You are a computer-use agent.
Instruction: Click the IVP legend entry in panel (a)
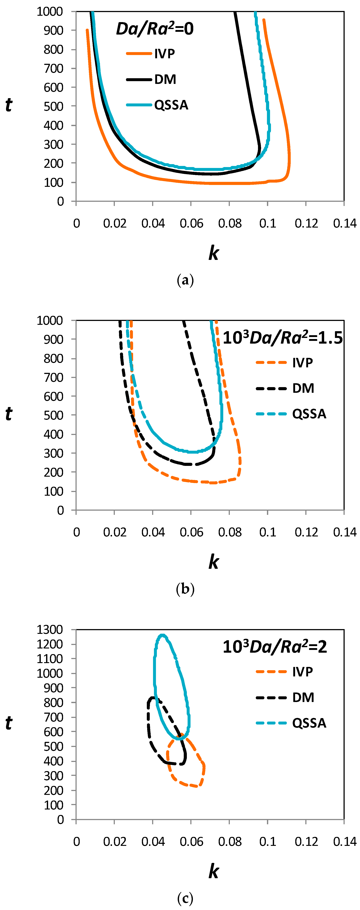164,54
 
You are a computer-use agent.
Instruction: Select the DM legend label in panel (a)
165,80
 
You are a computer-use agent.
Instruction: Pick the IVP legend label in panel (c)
302,671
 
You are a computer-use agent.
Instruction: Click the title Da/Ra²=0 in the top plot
155,29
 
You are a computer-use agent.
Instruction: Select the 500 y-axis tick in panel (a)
53,106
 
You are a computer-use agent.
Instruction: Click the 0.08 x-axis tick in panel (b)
230,532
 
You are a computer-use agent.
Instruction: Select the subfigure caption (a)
185,280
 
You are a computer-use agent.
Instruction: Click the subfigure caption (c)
185,898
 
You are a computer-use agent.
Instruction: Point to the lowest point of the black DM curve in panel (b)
189,464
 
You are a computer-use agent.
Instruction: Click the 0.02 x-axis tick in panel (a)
114,223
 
